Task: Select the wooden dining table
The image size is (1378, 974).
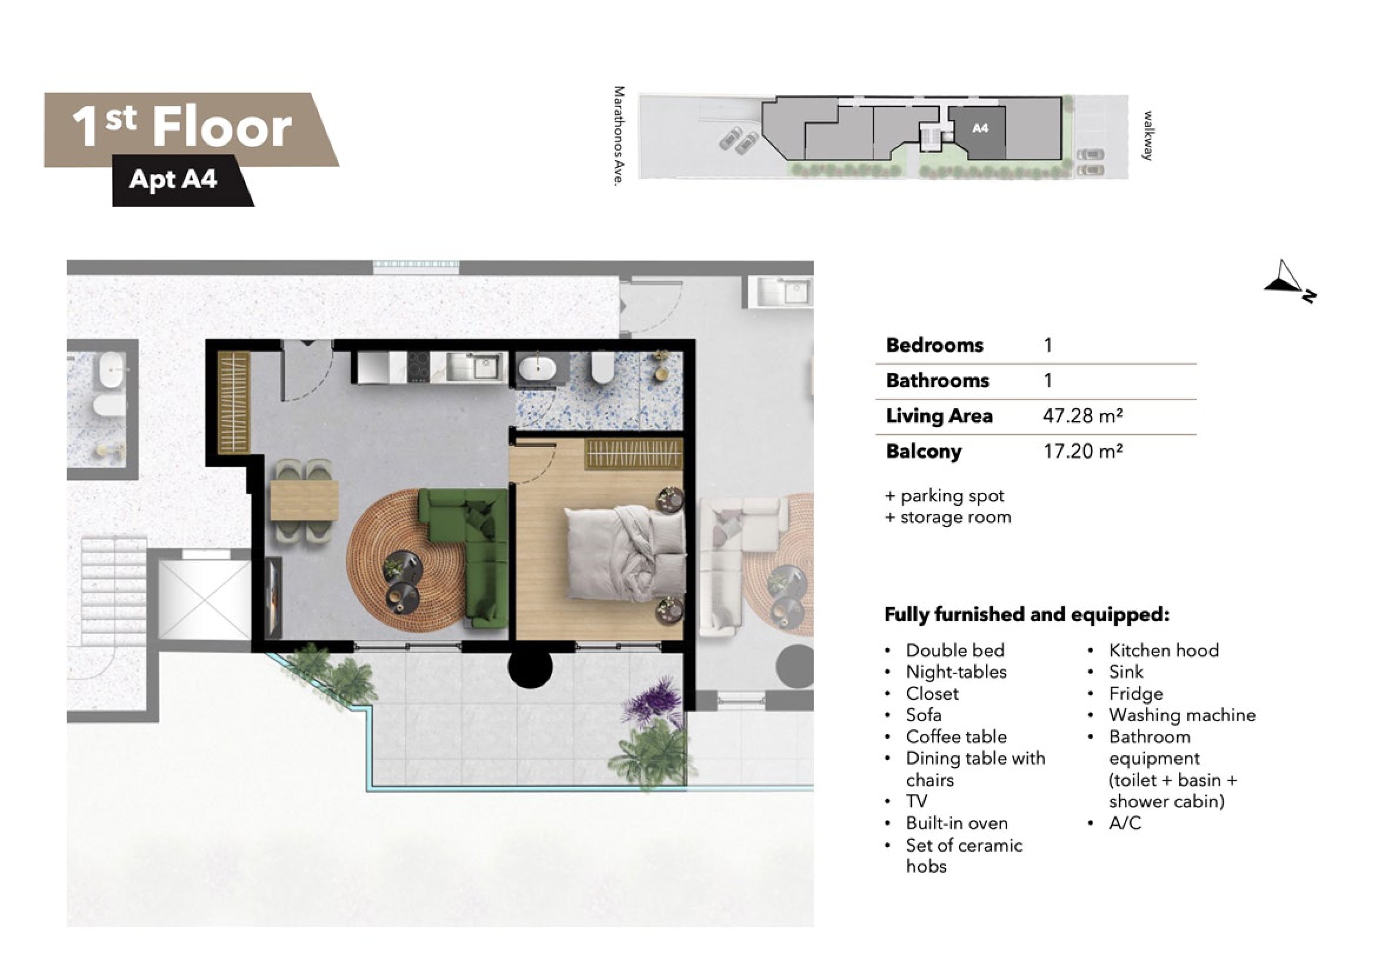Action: [x=304, y=501]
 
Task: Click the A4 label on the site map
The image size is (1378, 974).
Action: [x=980, y=128]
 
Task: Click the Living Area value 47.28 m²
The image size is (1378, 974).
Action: [x=1082, y=416]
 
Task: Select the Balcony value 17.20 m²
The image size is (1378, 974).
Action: [x=1082, y=451]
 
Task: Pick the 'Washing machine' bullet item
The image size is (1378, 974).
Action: [x=1182, y=715]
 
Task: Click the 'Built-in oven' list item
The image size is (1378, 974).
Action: [x=957, y=823]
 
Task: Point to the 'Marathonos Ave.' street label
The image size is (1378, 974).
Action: [x=619, y=135]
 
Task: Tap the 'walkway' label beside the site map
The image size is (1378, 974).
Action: [x=1147, y=135]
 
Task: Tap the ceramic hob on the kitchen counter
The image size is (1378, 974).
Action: [x=419, y=366]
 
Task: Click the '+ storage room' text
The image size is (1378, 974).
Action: [x=948, y=517]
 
